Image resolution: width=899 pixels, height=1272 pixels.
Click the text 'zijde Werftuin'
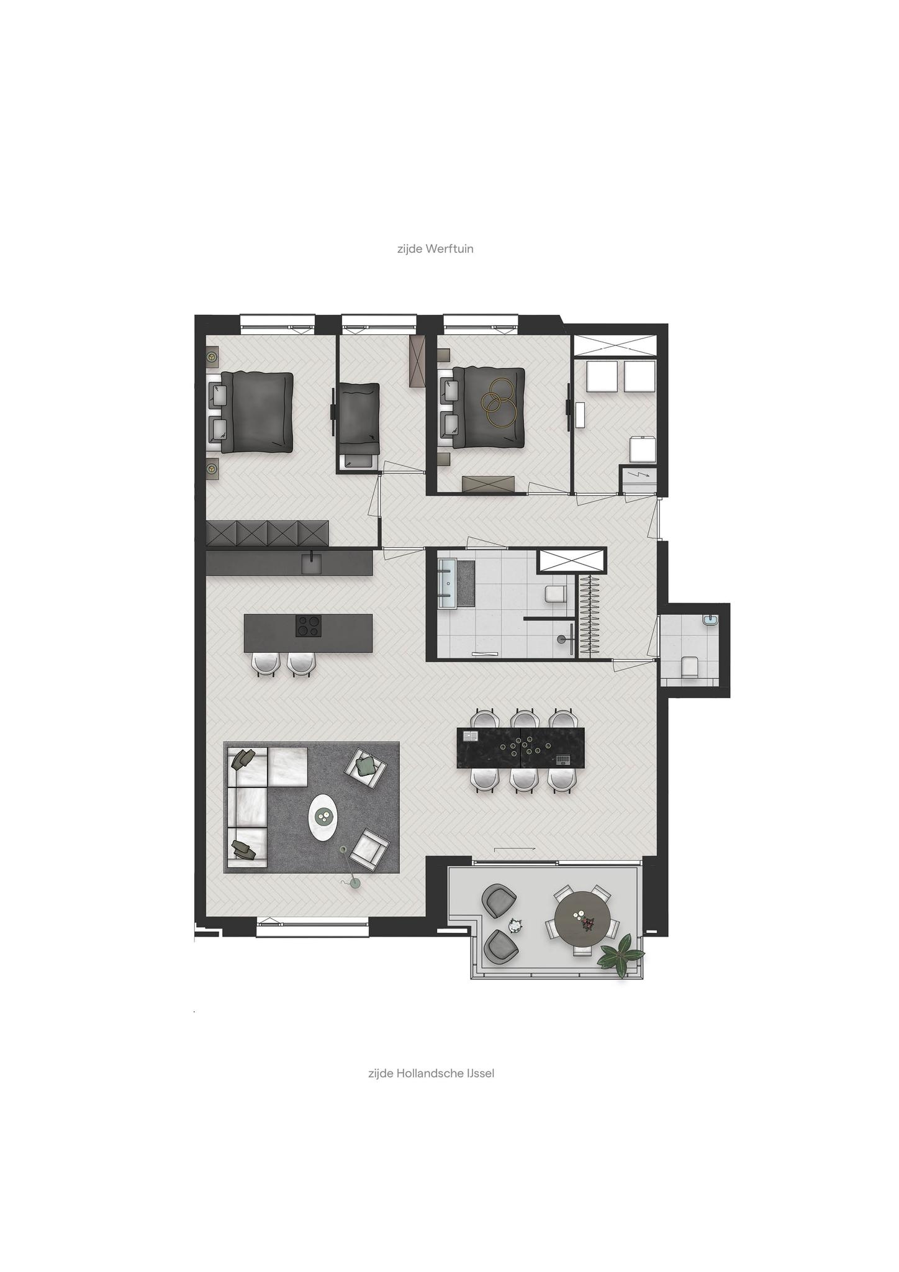(x=435, y=249)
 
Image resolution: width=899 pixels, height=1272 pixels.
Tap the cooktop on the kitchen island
(x=309, y=625)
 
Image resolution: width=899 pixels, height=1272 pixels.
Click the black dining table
(x=521, y=748)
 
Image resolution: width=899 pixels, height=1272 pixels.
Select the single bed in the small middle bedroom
(x=358, y=420)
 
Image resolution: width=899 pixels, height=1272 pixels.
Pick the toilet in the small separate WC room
(x=689, y=667)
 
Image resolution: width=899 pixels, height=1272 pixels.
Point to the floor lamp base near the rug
(x=355, y=883)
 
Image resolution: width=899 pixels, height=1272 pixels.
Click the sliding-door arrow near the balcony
(x=515, y=848)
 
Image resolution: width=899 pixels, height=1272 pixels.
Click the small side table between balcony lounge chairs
(x=515, y=926)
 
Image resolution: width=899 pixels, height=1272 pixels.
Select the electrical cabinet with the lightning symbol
(x=639, y=478)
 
